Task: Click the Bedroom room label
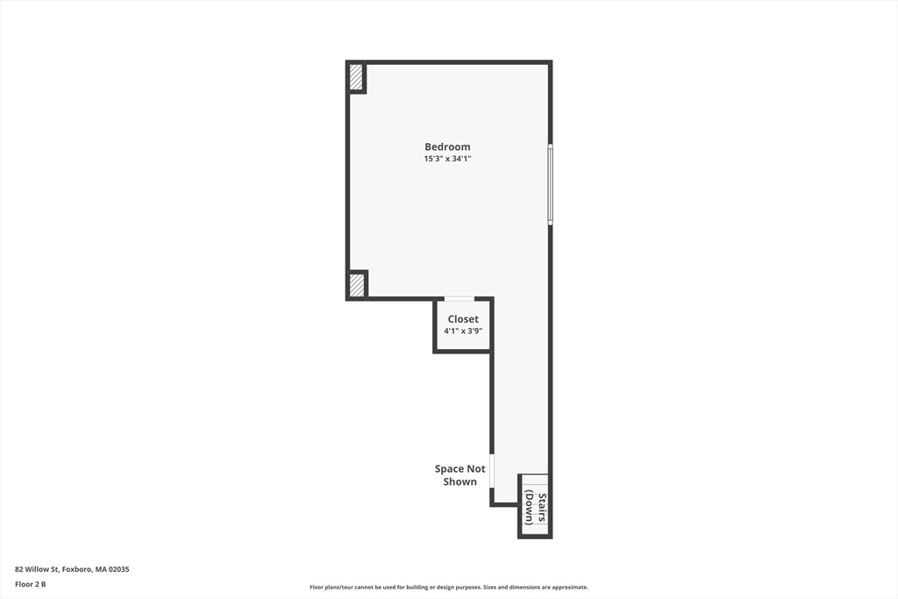pyautogui.click(x=447, y=146)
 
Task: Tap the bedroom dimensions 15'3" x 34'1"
pyautogui.click(x=447, y=159)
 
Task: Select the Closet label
pyautogui.click(x=463, y=319)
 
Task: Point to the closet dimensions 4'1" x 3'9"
pyautogui.click(x=463, y=332)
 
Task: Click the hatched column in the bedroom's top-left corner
pyautogui.click(x=356, y=77)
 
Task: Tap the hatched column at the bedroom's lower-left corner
pyautogui.click(x=357, y=285)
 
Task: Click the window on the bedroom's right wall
pyautogui.click(x=550, y=184)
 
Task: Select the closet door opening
pyautogui.click(x=460, y=299)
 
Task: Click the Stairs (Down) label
pyautogui.click(x=536, y=509)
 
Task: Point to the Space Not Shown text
pyautogui.click(x=460, y=474)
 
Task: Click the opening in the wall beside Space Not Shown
pyautogui.click(x=492, y=470)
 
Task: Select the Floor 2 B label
pyautogui.click(x=30, y=584)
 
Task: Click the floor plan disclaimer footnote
pyautogui.click(x=448, y=587)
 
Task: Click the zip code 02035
pyautogui.click(x=118, y=569)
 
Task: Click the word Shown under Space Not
pyautogui.click(x=460, y=481)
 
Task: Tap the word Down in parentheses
pyautogui.click(x=530, y=509)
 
